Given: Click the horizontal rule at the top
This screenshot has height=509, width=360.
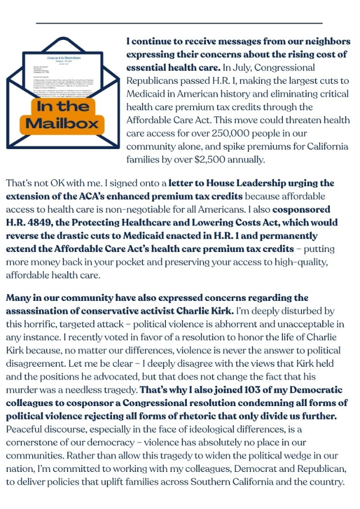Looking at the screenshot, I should [179, 23].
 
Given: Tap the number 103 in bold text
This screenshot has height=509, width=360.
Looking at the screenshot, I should [235, 390].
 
